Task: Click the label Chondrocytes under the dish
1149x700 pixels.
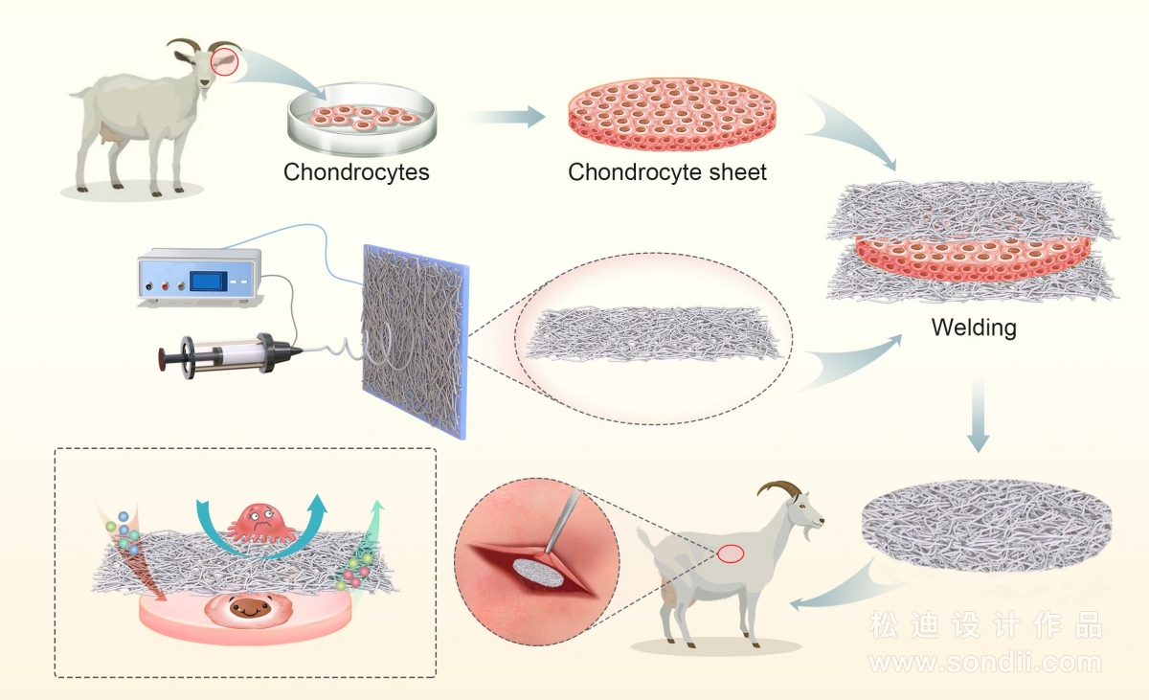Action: [x=356, y=171]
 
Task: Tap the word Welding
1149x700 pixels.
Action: [x=974, y=327]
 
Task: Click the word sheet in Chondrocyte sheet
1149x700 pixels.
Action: [x=737, y=171]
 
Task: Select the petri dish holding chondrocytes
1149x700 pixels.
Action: [x=362, y=119]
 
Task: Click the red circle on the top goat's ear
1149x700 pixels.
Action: [x=225, y=61]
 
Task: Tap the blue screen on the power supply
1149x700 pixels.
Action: [x=209, y=282]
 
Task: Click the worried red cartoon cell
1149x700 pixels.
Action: [x=261, y=524]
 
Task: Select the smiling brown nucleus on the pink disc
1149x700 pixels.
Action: [x=249, y=608]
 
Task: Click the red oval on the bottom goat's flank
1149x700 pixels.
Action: [x=731, y=553]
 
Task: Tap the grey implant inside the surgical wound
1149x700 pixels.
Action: [x=539, y=573]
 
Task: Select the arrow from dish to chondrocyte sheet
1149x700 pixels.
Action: [x=506, y=117]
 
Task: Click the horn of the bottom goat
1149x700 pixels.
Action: [x=778, y=488]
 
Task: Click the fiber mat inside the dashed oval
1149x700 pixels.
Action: [x=653, y=333]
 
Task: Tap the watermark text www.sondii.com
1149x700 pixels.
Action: [x=985, y=663]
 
